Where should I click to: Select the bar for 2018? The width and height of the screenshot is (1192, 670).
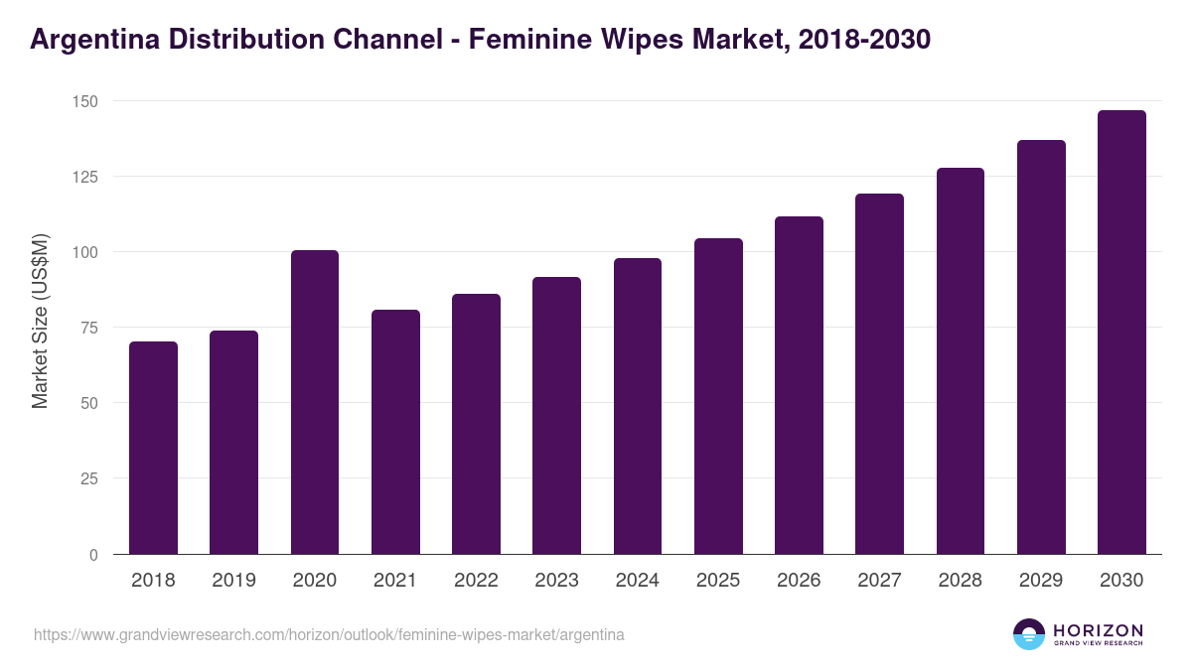[153, 448]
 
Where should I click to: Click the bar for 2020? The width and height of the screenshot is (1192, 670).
[315, 402]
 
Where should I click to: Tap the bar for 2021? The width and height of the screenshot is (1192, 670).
[395, 432]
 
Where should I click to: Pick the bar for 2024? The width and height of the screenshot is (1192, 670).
[638, 406]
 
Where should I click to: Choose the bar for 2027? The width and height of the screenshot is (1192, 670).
[879, 374]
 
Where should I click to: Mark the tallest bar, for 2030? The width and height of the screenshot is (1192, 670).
[1121, 333]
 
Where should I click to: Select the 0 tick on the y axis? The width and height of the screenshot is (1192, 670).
[93, 555]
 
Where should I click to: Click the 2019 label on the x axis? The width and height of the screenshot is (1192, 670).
[233, 581]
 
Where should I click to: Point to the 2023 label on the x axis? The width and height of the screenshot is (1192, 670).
[556, 581]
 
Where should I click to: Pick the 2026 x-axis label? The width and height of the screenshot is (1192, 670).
[799, 581]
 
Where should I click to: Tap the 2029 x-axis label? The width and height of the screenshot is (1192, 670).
[1041, 581]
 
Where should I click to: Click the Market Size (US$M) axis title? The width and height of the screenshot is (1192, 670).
[40, 321]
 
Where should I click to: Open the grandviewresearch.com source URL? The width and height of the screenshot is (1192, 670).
[329, 634]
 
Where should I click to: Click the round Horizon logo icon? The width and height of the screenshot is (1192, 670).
[1029, 634]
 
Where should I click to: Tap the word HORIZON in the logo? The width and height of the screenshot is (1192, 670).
[1098, 630]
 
